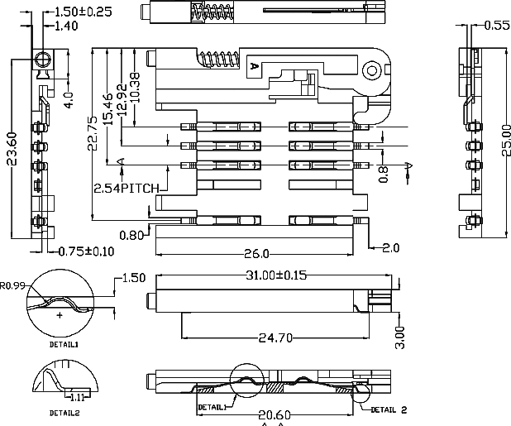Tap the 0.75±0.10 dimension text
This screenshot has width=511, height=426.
[86, 251]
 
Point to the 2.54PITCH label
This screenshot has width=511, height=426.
[127, 188]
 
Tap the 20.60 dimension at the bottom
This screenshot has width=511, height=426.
[274, 415]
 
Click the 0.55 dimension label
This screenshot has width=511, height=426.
[495, 26]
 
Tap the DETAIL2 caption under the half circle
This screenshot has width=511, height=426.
[64, 411]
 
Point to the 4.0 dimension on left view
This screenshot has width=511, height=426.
[69, 100]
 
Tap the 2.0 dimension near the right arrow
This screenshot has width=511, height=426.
[391, 248]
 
